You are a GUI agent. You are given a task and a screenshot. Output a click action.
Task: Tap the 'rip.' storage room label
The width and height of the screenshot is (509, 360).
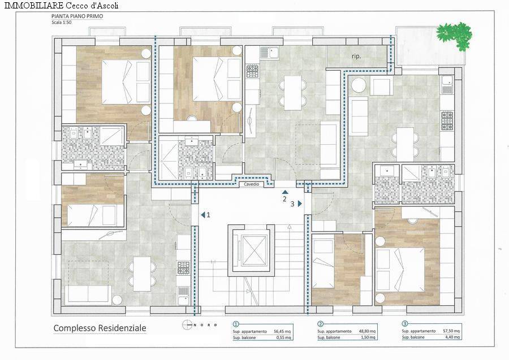(356, 57)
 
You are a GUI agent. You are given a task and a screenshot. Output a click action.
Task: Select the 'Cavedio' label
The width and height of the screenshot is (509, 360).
(252, 184)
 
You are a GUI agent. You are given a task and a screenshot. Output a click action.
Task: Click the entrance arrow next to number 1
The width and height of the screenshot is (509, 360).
(202, 215)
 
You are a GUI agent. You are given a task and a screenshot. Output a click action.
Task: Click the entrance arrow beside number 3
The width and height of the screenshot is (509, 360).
(300, 203)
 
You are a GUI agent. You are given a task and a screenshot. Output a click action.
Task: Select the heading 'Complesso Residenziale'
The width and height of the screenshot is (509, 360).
(100, 328)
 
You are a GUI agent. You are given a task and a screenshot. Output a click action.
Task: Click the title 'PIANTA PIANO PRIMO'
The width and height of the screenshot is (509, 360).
(76, 17)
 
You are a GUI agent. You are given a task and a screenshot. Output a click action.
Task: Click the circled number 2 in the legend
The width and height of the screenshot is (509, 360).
(321, 324)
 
